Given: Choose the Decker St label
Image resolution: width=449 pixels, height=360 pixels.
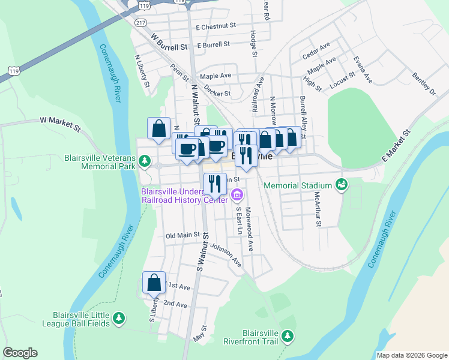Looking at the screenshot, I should pyautogui.click(x=217, y=94).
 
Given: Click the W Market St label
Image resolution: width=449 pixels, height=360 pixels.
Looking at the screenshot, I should pyautogui.click(x=60, y=123).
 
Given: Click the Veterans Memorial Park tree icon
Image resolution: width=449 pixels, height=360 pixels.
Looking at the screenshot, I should pyautogui.click(x=144, y=161).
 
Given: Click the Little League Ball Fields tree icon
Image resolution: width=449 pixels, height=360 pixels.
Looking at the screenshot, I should pyautogui.click(x=119, y=318).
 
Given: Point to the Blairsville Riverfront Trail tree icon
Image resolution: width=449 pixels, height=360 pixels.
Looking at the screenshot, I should pyautogui.click(x=288, y=335).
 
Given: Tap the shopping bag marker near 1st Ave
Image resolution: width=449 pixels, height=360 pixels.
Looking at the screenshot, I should pyautogui.click(x=154, y=283).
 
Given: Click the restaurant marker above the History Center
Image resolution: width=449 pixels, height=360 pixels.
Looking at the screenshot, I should pyautogui.click(x=215, y=184).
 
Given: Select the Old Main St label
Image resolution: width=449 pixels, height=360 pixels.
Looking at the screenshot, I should pyautogui.click(x=182, y=236).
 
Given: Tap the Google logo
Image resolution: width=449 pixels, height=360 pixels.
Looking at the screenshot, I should pyautogui.click(x=20, y=353).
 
